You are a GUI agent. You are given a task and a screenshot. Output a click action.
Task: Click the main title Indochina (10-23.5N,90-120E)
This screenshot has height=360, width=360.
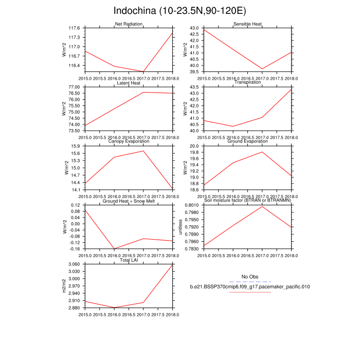180,11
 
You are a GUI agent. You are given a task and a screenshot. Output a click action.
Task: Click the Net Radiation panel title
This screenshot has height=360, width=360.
129,24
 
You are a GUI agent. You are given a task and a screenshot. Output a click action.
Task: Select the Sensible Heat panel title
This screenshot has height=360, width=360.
247,24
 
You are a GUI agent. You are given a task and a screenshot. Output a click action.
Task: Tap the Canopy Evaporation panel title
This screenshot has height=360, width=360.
129,142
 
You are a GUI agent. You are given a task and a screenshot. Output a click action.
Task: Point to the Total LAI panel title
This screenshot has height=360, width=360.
129,260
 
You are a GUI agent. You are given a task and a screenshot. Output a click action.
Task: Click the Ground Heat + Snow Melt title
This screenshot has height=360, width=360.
129,201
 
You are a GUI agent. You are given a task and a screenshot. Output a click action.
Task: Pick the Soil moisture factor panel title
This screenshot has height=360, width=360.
247,201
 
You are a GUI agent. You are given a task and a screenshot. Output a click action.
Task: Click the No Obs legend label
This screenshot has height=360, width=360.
249,277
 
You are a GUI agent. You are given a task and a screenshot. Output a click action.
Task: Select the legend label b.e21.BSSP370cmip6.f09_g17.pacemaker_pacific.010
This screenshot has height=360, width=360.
249,286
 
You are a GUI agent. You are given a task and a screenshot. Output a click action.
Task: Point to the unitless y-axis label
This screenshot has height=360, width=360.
181,227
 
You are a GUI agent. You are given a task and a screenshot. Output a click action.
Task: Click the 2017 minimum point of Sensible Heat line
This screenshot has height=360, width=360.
262,69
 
